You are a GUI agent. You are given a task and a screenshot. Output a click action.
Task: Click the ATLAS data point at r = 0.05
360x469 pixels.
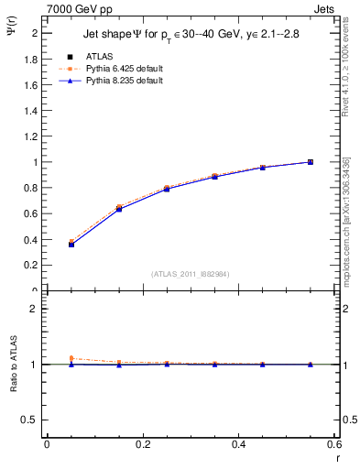coord(71,244)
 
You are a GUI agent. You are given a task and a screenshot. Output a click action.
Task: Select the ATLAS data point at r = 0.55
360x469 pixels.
coord(311,162)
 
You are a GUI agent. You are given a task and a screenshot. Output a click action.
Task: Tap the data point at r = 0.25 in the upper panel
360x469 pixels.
coord(167,189)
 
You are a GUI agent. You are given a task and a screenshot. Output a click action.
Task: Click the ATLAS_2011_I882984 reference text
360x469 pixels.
coord(191,273)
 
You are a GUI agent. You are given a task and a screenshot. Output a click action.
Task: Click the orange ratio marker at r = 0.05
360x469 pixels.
coord(71,358)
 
